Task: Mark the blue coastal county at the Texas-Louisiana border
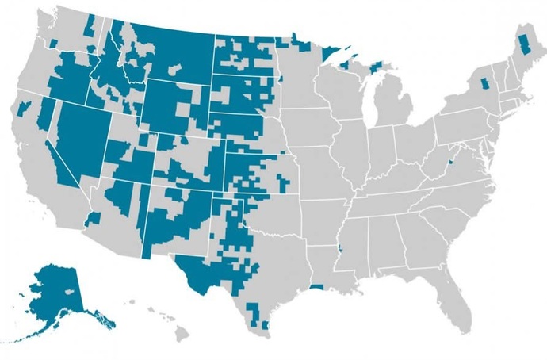click(x=317, y=286)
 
